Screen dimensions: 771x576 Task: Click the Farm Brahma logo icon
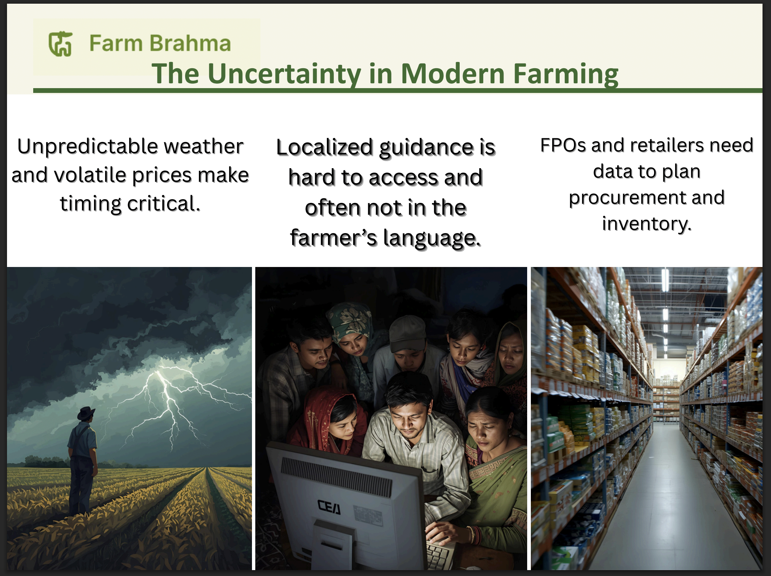(60, 44)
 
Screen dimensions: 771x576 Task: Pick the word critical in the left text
(164, 204)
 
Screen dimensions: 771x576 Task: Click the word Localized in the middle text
(325, 148)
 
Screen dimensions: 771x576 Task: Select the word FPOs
(563, 145)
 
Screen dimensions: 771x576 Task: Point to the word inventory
(647, 224)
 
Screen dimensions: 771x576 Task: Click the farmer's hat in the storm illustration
(86, 414)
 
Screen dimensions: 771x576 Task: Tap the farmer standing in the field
(83, 461)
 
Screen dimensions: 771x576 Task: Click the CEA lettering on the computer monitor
(329, 507)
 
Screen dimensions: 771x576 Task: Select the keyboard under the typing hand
(441, 553)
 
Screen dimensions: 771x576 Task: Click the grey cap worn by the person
(407, 334)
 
